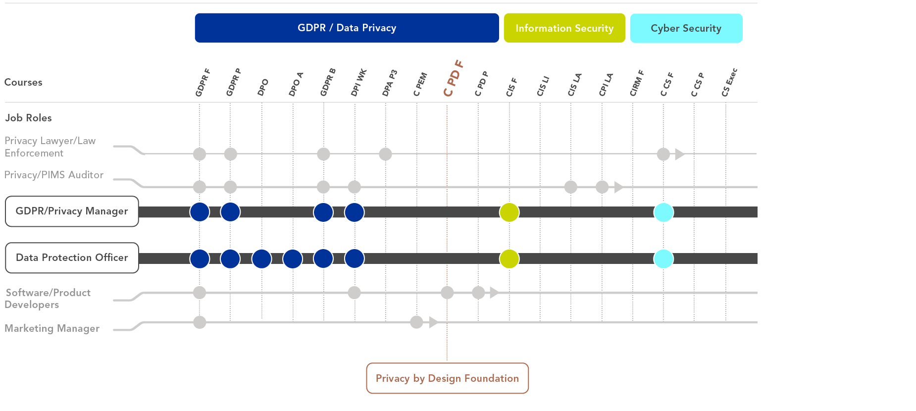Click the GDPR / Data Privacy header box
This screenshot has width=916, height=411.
pos(347,28)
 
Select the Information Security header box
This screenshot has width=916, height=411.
pos(564,28)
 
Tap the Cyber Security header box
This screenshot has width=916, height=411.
pos(686,28)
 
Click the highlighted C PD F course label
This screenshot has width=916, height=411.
pos(453,78)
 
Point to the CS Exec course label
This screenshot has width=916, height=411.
pos(729,82)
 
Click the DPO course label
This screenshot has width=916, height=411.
pos(263,87)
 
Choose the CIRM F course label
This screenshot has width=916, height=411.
pos(637,83)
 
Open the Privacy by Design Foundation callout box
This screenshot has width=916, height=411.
pos(447,378)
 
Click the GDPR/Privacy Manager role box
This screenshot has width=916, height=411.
pos(72,211)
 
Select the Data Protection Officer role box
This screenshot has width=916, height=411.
pos(72,257)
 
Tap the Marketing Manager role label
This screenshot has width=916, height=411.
pos(52,328)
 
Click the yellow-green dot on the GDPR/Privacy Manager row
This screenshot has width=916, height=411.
pos(509,212)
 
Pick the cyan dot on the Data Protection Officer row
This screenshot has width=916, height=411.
pos(663,258)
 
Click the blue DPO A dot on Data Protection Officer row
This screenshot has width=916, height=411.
pos(293,258)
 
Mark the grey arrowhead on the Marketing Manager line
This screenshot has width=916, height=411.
pos(433,322)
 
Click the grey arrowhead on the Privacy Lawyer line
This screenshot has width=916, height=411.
pos(679,154)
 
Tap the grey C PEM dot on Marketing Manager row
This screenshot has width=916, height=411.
pos(416,322)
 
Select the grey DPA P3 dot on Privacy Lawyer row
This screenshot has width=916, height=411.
pos(385,154)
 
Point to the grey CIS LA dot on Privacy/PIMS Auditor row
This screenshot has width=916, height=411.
pos(571,187)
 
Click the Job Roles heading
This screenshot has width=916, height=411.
pos(28,118)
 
